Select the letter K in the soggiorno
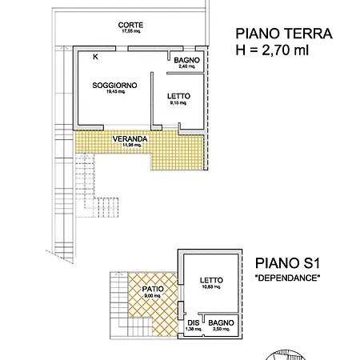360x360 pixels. tap(96, 57)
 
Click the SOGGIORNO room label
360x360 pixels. tap(114, 84)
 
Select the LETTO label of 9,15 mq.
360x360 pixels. tap(178, 95)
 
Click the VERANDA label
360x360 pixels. tap(129, 138)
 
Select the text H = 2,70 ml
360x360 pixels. tap(273, 51)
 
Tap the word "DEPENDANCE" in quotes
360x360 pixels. tap(286, 278)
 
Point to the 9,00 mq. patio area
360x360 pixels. tap(152, 296)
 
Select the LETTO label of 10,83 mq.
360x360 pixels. tap(212, 280)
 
